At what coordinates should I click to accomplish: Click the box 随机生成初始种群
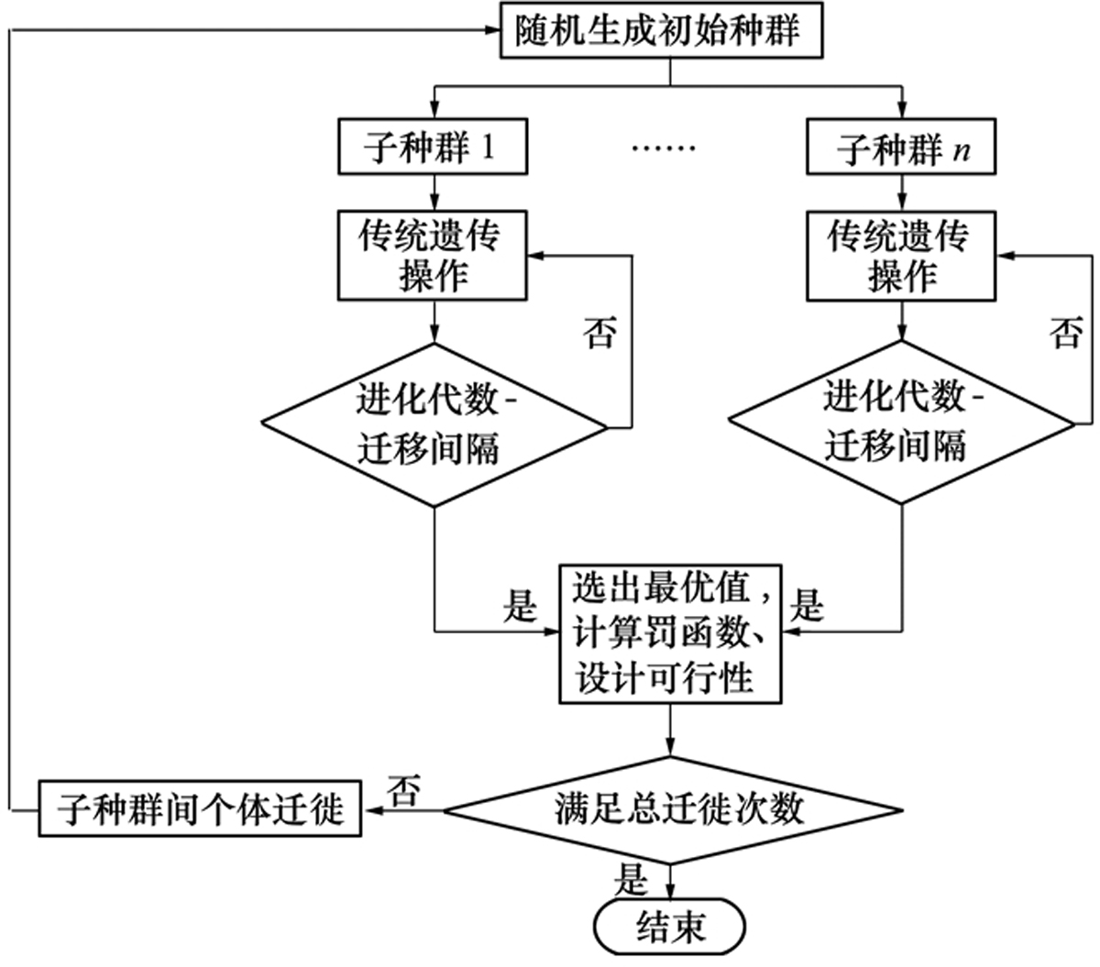(659, 31)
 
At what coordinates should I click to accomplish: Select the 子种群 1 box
(433, 147)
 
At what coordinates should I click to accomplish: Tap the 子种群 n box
(901, 148)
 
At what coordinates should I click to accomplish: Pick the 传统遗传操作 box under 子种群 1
(433, 256)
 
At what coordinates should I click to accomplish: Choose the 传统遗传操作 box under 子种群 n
(901, 256)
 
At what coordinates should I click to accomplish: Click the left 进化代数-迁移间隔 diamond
(434, 424)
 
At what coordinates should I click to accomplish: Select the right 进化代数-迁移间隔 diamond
(901, 423)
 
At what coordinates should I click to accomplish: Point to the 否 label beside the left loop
(600, 332)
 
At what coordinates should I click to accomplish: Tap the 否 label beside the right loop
(1066, 332)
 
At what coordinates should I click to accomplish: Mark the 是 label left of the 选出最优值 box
(520, 606)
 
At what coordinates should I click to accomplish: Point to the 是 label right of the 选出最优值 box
(808, 606)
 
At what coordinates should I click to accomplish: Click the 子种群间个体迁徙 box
(200, 808)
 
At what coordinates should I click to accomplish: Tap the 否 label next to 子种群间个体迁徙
(403, 790)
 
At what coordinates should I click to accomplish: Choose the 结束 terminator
(670, 929)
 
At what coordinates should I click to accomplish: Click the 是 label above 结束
(632, 881)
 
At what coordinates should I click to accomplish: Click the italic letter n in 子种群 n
(961, 150)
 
